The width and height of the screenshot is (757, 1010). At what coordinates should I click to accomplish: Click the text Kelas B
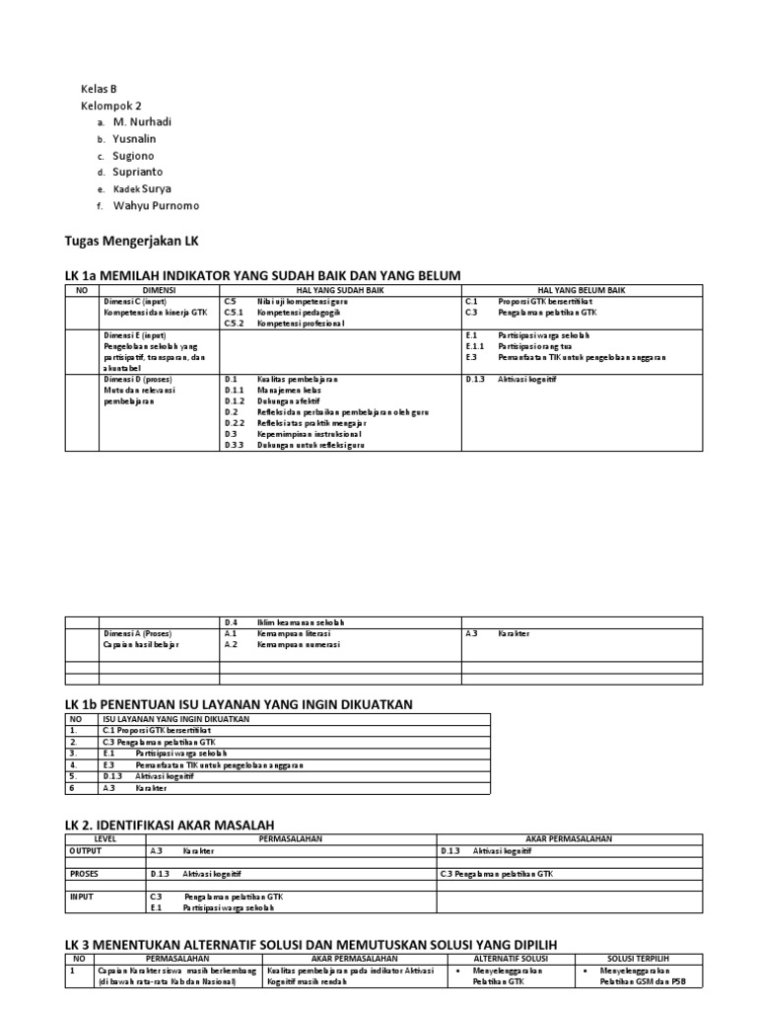[99, 89]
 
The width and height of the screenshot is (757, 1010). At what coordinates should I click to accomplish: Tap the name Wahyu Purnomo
[156, 205]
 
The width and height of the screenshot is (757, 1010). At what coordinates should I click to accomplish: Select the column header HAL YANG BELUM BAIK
[582, 290]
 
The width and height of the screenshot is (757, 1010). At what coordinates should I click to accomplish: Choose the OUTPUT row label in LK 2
[85, 850]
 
